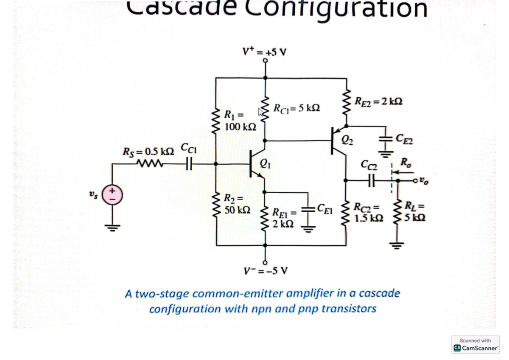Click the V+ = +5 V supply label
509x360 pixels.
[264, 52]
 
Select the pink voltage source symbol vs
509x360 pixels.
[113, 196]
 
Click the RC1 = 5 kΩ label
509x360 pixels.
[296, 108]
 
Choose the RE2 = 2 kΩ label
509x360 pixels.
[378, 101]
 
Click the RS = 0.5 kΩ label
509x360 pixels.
[148, 151]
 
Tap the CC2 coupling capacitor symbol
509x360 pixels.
[370, 180]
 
